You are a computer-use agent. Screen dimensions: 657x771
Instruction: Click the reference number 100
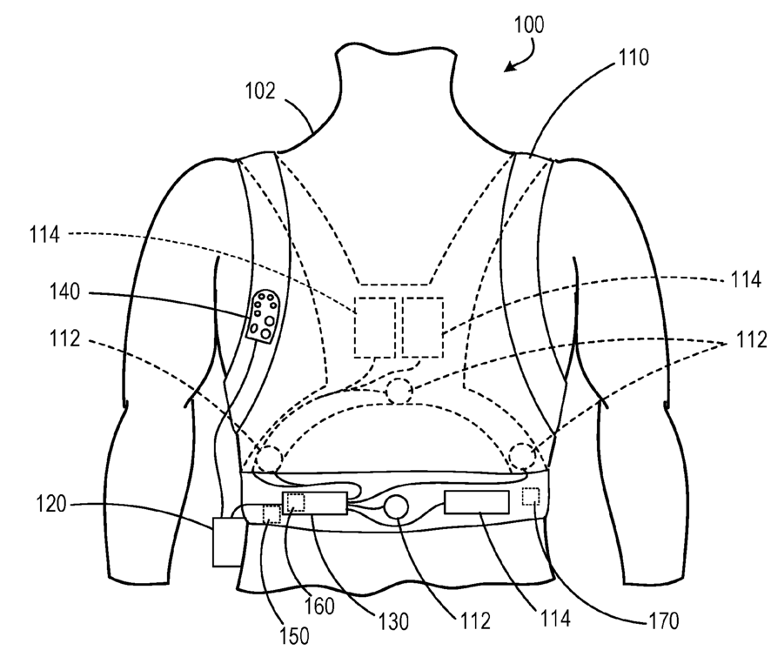pyautogui.click(x=528, y=24)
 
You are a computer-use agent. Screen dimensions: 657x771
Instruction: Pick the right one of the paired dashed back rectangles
pyautogui.click(x=423, y=326)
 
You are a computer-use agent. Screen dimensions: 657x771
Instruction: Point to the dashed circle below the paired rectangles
pyautogui.click(x=399, y=391)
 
